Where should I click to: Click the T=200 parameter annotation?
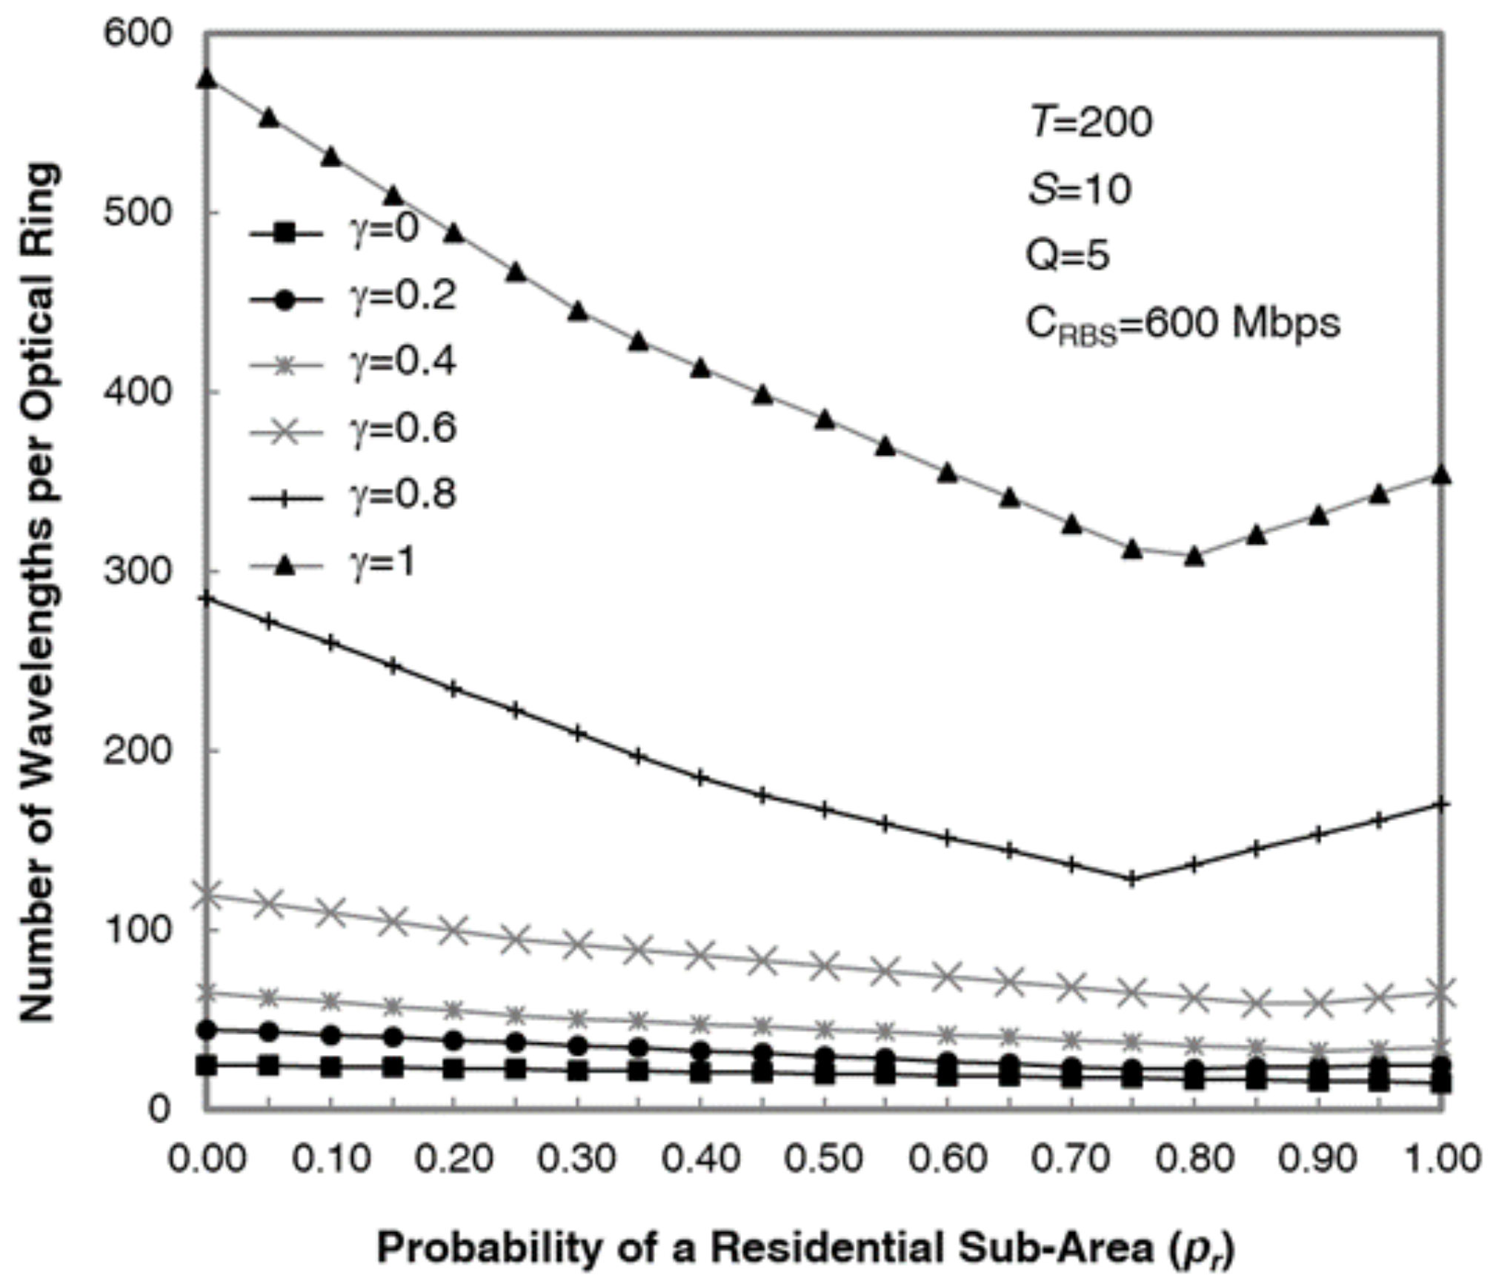(1091, 122)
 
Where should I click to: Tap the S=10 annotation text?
(1080, 190)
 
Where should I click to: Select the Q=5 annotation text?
(1068, 256)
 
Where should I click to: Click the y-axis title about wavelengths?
(39, 593)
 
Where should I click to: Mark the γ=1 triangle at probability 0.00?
(207, 79)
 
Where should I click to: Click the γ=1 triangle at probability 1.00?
(1441, 475)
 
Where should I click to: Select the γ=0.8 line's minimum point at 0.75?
(1131, 879)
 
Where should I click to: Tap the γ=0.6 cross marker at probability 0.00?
(207, 894)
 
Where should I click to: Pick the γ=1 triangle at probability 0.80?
(1194, 556)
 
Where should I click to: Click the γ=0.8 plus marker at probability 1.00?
(1441, 804)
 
